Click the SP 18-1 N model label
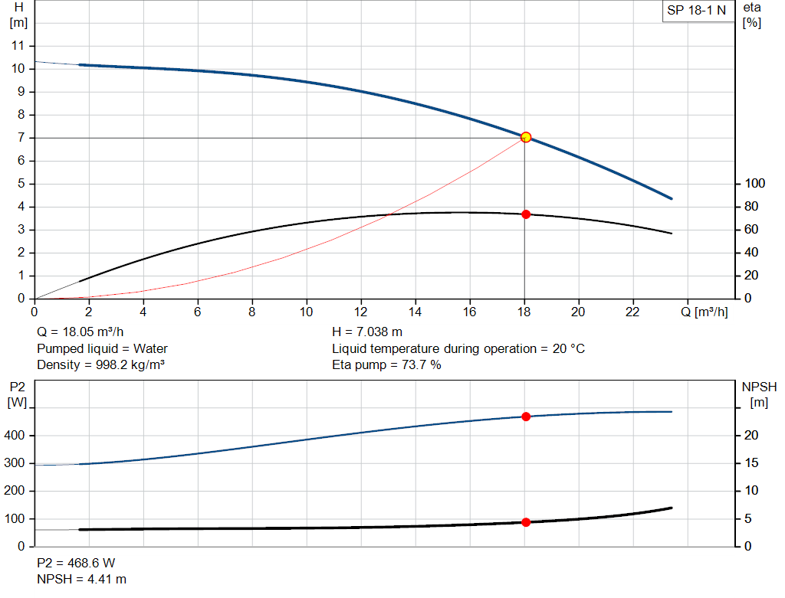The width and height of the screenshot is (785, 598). (696, 11)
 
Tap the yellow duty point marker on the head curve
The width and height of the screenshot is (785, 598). (526, 137)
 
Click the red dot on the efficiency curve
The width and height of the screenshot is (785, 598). (526, 214)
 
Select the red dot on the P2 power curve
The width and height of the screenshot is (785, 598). (526, 417)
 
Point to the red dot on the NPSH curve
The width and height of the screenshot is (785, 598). (526, 522)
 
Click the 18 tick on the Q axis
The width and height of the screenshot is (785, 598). (524, 312)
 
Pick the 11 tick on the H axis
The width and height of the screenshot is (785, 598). (18, 45)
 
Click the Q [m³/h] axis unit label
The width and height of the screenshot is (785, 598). (706, 312)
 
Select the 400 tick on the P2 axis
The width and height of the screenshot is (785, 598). (16, 435)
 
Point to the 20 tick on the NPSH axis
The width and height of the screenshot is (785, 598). (751, 435)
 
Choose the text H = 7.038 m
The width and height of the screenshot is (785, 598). (367, 332)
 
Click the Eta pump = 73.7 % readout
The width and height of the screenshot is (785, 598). (386, 364)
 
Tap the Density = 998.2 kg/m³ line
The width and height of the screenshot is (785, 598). (100, 364)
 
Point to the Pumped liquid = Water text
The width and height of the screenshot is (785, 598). (102, 348)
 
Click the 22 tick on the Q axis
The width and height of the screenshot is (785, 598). (633, 312)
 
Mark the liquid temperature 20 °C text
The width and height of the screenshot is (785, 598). (458, 348)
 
